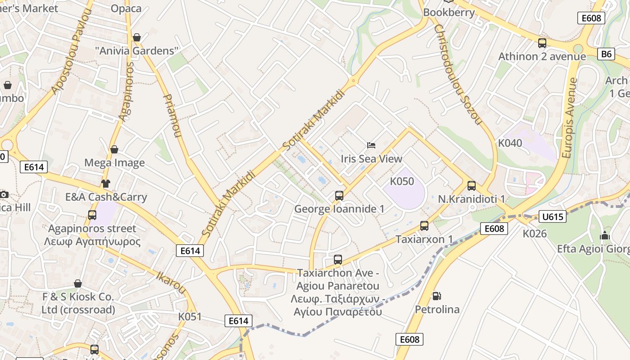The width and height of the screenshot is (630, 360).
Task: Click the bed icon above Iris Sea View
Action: tap(371, 145)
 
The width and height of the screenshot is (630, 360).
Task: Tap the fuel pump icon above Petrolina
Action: tap(436, 296)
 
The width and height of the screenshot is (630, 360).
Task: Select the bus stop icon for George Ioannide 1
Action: tap(339, 196)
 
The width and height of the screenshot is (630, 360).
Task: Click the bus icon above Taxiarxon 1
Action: tap(424, 226)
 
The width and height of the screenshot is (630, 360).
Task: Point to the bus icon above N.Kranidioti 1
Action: tap(472, 185)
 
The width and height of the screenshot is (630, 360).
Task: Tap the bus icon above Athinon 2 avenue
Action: tap(542, 43)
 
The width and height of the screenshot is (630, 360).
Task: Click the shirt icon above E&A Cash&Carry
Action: tap(106, 183)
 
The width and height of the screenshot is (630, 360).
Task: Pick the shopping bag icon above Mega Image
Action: tap(114, 149)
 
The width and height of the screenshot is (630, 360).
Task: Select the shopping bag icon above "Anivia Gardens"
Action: tap(137, 37)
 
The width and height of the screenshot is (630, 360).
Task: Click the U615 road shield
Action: tap(553, 216)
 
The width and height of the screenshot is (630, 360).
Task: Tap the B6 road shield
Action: tap(607, 54)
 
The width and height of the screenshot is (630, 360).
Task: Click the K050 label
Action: tap(402, 181)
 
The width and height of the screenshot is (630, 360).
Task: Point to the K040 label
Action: tap(510, 143)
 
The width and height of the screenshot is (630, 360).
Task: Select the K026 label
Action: tap(535, 234)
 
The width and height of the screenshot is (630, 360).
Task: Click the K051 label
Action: tap(190, 316)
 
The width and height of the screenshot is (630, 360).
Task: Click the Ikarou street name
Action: tap(171, 281)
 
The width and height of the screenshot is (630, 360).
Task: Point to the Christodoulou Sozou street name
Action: tap(458, 74)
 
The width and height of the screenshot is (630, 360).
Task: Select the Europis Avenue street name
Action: tap(570, 118)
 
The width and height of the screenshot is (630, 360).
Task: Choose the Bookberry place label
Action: tap(449, 13)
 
